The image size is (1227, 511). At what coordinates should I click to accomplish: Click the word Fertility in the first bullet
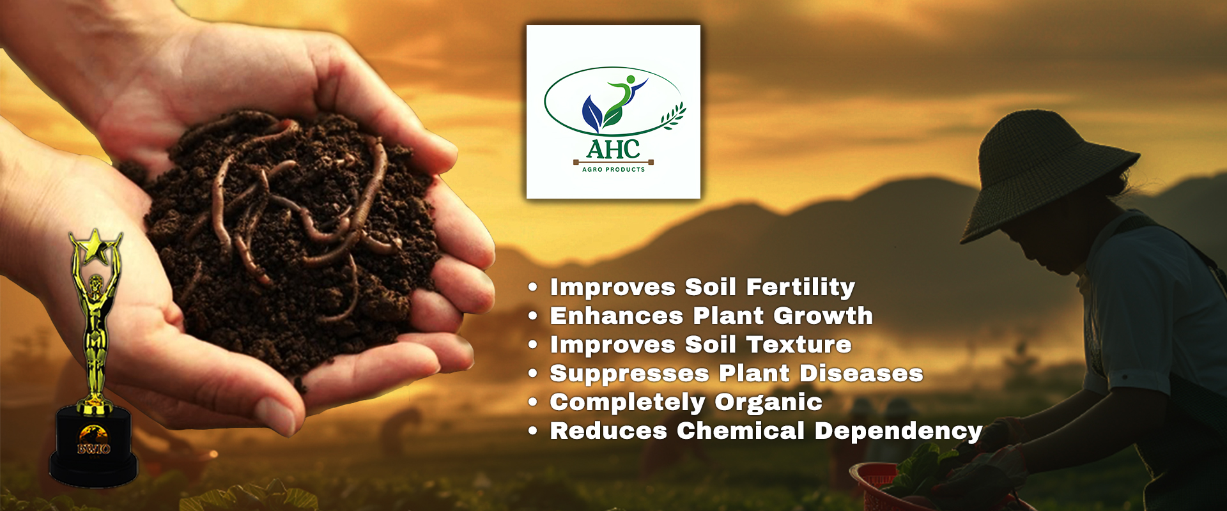click(x=801, y=287)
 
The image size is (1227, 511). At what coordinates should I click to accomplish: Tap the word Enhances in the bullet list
click(x=617, y=316)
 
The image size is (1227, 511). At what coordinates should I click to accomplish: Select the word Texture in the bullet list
click(x=799, y=344)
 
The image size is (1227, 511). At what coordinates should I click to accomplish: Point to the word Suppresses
click(x=629, y=374)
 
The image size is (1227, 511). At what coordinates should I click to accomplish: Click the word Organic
click(x=768, y=402)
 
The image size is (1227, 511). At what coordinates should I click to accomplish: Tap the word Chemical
click(x=741, y=431)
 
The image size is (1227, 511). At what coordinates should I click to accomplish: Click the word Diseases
click(x=861, y=373)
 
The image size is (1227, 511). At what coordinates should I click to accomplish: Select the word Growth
click(x=823, y=316)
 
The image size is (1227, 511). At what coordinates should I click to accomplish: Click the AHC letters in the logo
click(x=613, y=149)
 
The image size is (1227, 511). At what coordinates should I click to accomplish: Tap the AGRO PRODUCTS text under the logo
click(x=613, y=169)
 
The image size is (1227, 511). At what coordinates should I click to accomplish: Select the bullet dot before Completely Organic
click(x=533, y=402)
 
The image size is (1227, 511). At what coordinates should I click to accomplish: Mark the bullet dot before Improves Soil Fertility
click(x=533, y=287)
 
